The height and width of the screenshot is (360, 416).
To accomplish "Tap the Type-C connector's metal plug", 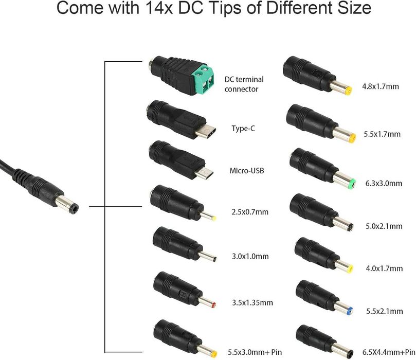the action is click(x=205, y=131).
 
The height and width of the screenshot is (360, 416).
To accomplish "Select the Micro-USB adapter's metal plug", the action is click(x=204, y=172).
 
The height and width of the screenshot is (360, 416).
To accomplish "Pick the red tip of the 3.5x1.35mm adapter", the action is click(x=214, y=305).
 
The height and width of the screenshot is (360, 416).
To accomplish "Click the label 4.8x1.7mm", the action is click(x=381, y=86).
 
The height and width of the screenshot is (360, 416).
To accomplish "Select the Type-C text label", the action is click(x=243, y=129).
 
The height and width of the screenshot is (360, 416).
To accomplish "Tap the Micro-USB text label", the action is click(x=247, y=171).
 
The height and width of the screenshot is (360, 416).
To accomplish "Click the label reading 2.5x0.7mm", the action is click(x=250, y=212).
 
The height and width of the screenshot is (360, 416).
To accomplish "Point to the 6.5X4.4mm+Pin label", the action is click(x=389, y=352).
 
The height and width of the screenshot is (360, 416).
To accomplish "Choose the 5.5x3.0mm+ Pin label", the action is click(x=255, y=352).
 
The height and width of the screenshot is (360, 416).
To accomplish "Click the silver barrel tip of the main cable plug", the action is click(x=67, y=204).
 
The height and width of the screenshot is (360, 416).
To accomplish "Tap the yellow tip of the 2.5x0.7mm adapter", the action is click(x=213, y=219).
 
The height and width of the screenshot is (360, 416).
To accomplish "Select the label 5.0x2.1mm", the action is click(x=384, y=226).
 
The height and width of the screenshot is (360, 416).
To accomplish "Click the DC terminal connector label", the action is click(x=244, y=84).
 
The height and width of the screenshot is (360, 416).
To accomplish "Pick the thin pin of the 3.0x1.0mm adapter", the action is click(x=207, y=257).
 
